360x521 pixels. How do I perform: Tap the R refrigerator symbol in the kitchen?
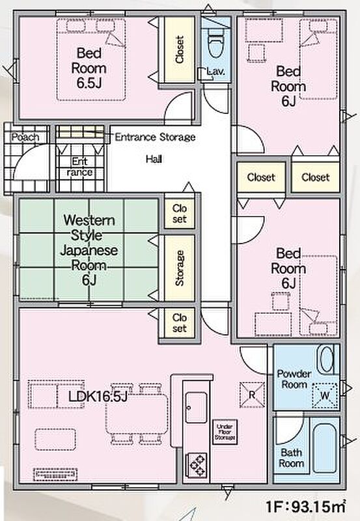252,395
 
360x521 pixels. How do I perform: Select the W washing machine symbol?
325,395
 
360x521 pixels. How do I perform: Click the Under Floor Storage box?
225,432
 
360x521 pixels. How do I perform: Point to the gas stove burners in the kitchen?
197,465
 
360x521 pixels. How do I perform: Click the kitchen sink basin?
196,408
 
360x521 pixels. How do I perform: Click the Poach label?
25,137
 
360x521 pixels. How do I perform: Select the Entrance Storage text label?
155,137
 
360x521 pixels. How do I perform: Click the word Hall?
154,159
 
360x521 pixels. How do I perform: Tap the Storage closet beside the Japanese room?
179,268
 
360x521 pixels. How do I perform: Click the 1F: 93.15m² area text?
305,507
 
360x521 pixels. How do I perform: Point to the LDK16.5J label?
98,396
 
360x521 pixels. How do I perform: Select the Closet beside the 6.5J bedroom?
179,49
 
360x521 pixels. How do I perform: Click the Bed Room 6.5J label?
89,68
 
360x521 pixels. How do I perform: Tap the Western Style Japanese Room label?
89,250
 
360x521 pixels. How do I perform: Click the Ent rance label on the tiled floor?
79,167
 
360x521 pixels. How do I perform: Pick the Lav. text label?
215,71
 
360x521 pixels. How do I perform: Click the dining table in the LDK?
137,414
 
